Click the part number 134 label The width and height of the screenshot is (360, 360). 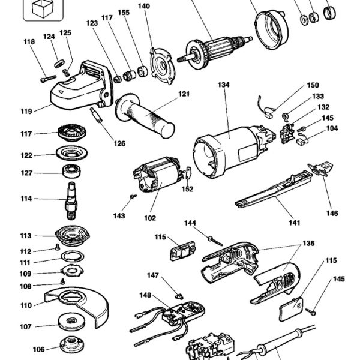pos(224,85)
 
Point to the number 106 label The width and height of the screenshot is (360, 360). pos(38,349)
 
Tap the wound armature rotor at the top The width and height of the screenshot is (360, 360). pos(219,46)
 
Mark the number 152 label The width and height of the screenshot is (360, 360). pos(188,189)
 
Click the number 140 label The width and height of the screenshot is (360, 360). pos(144,7)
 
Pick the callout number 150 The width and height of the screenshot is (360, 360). pos(313,85)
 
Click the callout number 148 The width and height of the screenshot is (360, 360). pos(145,295)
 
